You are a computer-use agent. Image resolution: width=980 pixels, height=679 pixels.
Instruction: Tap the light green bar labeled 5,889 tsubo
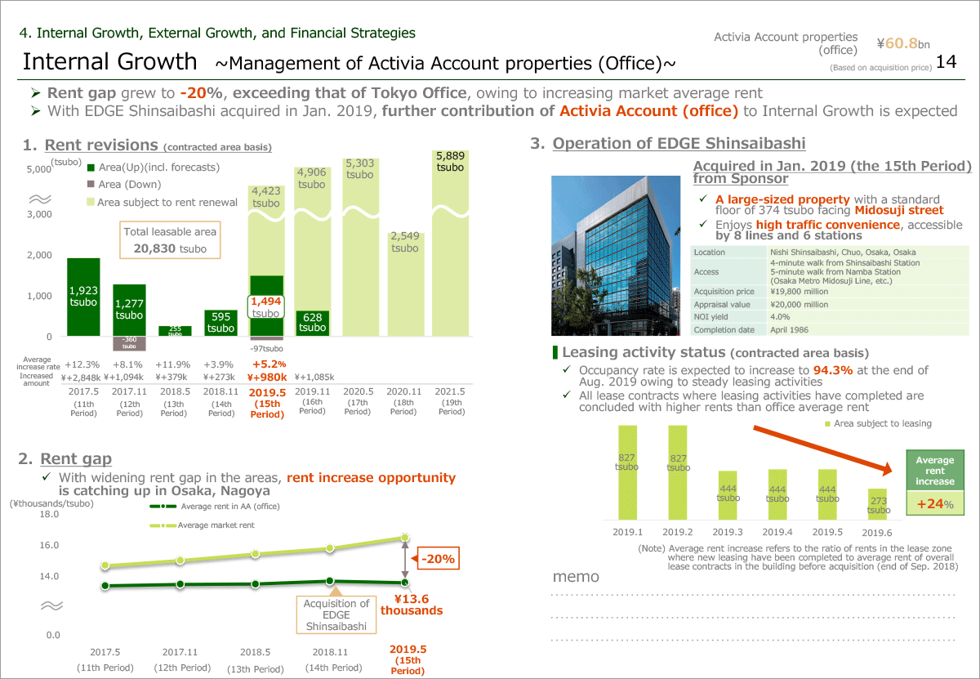450,245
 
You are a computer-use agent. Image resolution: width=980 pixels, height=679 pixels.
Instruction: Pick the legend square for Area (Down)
91,185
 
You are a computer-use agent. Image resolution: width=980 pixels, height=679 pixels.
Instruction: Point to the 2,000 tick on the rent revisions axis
39,255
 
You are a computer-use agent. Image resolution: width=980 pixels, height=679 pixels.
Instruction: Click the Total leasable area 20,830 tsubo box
171,240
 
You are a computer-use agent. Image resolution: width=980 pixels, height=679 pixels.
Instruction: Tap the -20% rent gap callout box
439,560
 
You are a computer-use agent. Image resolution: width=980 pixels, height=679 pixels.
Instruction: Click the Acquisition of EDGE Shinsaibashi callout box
336,614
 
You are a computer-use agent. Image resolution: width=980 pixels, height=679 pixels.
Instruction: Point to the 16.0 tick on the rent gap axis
49,545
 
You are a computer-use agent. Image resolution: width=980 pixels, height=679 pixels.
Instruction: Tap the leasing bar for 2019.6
877,503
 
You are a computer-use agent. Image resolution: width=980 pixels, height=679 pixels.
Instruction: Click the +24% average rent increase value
935,503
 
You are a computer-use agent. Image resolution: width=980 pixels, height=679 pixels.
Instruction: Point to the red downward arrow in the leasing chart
821,451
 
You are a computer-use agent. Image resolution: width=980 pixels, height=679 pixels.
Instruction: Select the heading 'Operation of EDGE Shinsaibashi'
679,144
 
